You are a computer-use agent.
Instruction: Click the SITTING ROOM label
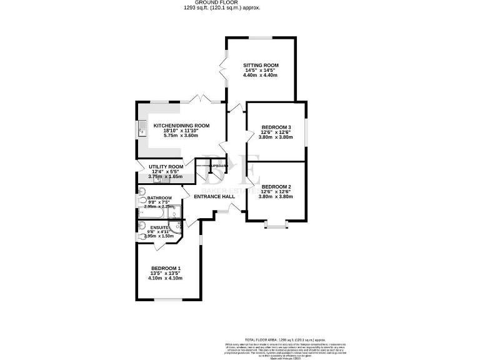260,65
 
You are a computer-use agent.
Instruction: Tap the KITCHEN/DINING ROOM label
181,125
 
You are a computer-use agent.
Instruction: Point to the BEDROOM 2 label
277,187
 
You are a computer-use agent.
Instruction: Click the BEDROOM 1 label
166,269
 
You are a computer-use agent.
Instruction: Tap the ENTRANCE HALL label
214,196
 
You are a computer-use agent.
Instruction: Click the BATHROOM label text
159,198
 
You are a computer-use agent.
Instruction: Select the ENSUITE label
158,228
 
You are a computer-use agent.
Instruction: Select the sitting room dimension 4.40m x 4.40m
260,76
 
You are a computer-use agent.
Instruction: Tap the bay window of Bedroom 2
276,221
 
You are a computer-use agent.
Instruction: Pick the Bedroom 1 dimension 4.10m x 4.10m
166,279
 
